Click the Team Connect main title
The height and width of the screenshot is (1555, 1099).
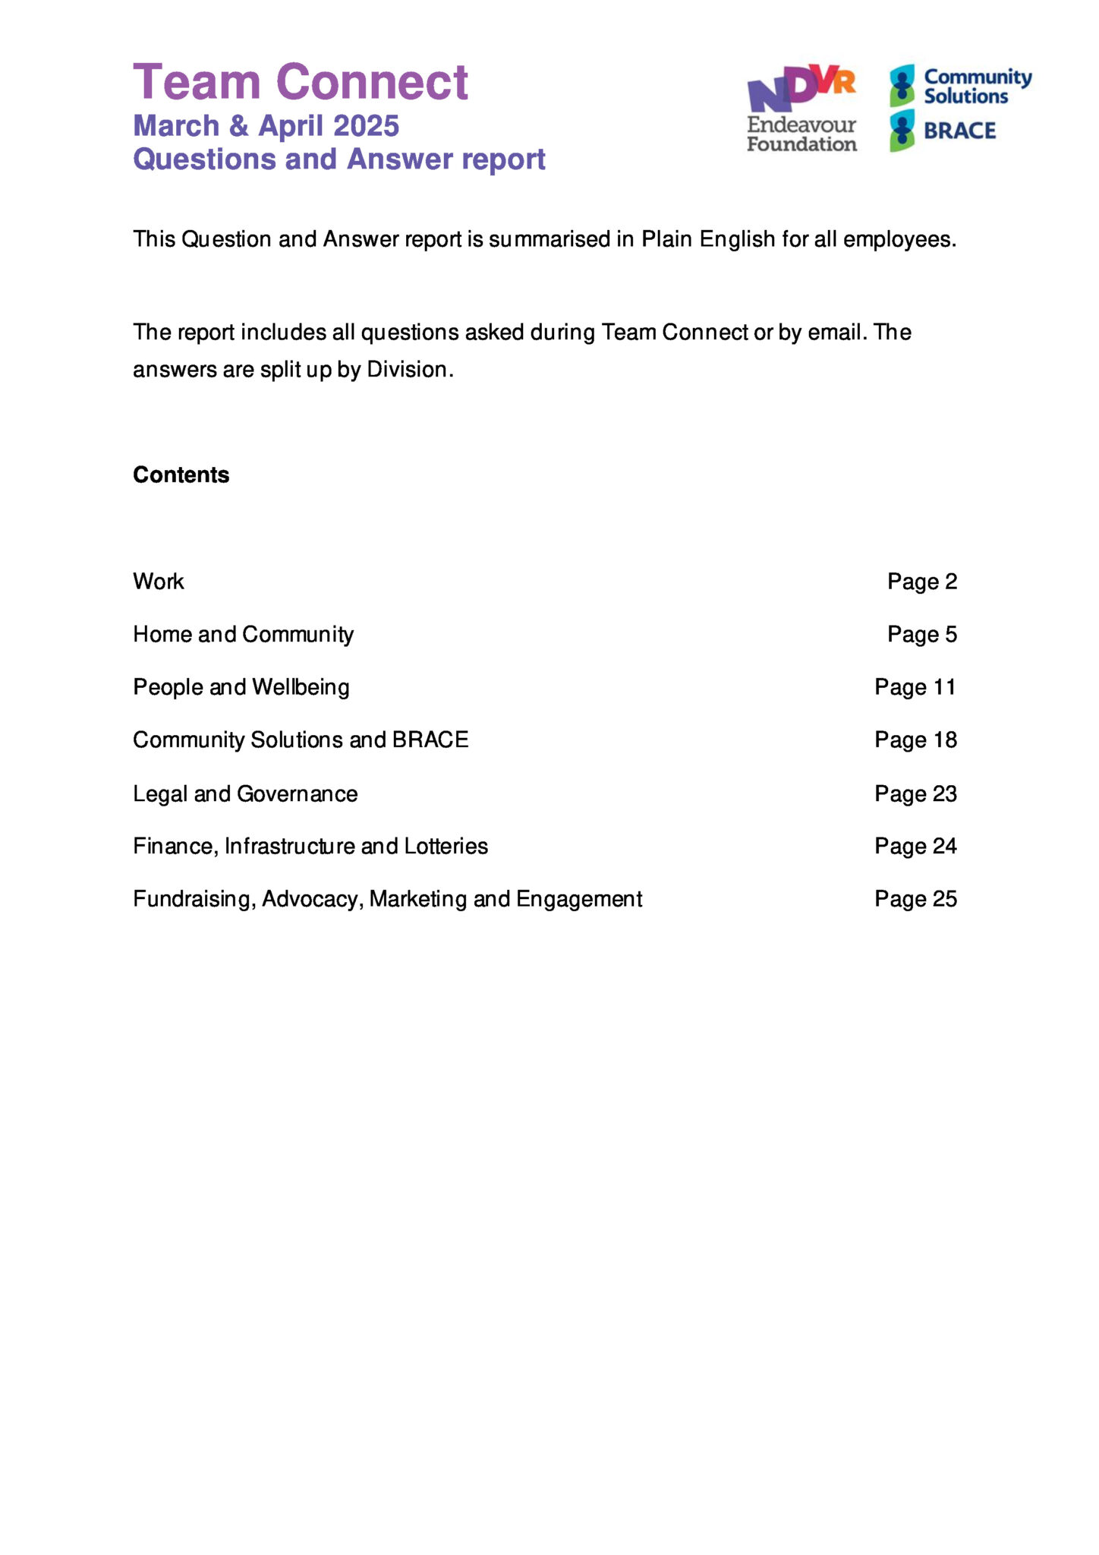click(x=301, y=82)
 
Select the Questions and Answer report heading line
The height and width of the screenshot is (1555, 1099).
click(x=339, y=159)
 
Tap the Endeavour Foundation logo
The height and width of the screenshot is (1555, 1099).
click(x=801, y=109)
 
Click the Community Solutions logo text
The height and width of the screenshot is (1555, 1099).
click(x=977, y=87)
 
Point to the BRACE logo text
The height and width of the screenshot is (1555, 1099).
click(x=959, y=131)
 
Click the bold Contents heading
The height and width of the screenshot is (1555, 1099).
click(x=181, y=475)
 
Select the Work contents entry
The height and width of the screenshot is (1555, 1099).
click(x=159, y=582)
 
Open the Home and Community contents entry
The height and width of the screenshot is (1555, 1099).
click(x=243, y=635)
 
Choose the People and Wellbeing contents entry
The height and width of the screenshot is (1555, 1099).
click(x=241, y=687)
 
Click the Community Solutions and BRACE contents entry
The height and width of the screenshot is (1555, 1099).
click(x=301, y=740)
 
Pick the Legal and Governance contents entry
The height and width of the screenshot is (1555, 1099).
click(x=245, y=794)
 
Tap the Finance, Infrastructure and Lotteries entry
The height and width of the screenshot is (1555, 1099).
click(x=310, y=847)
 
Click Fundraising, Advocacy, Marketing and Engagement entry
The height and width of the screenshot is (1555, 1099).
click(x=387, y=900)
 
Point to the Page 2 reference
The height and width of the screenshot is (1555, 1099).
click(x=922, y=582)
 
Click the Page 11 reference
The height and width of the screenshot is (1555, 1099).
click(x=915, y=687)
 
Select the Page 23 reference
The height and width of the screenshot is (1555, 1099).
click(x=915, y=794)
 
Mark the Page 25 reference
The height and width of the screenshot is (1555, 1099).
click(x=915, y=900)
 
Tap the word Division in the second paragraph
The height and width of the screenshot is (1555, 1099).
click(x=410, y=370)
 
